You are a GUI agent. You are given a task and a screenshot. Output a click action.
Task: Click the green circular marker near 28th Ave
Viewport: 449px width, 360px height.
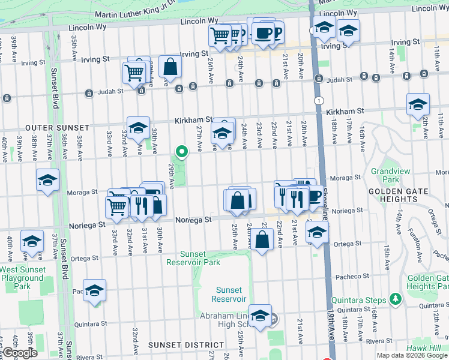[179, 151]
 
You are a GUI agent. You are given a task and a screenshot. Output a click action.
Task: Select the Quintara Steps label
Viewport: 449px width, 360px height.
[360, 298]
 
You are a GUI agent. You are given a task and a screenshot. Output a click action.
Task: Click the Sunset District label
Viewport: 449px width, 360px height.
[178, 345]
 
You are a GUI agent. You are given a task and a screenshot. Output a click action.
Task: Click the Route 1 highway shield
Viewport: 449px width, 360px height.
[318, 101]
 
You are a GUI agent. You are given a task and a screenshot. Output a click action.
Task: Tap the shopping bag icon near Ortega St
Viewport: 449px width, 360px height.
[262, 239]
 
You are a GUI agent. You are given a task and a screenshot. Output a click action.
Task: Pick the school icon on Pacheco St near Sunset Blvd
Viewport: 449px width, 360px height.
[94, 290]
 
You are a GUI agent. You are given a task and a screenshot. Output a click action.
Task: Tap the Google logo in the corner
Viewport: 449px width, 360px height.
[19, 353]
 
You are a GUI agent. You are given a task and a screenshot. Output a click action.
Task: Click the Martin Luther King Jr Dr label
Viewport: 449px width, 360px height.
[137, 16]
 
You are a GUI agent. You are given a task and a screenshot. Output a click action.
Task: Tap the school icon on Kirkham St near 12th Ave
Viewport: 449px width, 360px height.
[418, 104]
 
